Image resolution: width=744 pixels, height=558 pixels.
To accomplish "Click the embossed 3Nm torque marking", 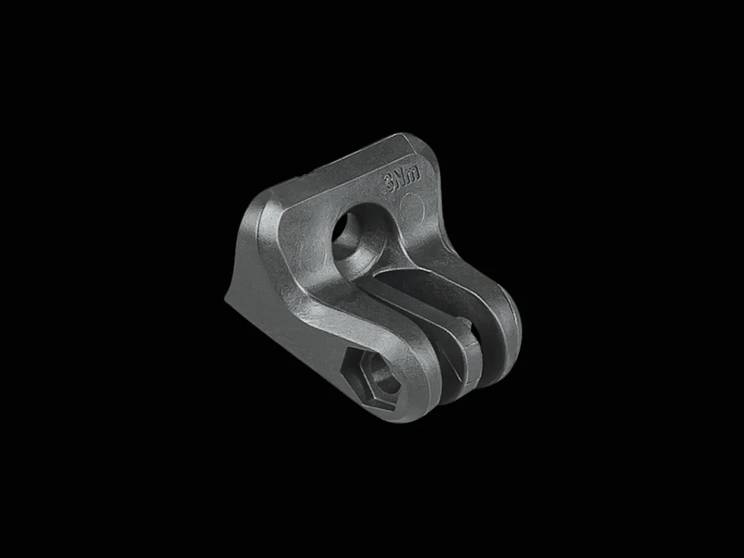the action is click(x=402, y=182).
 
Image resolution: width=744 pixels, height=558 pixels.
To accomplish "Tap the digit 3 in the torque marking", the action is click(x=389, y=185).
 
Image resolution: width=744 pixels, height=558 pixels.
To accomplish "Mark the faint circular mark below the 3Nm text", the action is click(x=412, y=207).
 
